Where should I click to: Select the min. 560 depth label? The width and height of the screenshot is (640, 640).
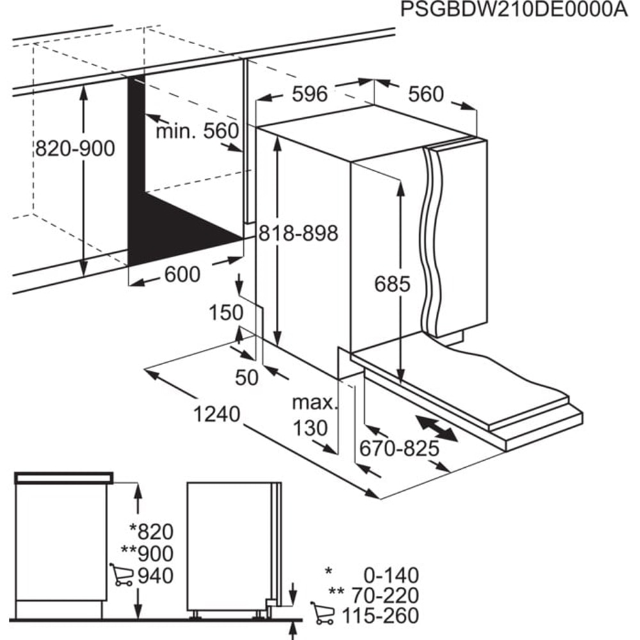pos(197,132)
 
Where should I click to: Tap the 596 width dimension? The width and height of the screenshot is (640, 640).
pos(310,94)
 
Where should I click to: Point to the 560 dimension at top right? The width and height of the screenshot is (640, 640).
pos(426,94)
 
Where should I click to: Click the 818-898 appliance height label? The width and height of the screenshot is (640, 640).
pos(298,234)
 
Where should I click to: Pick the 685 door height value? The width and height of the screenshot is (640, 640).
pos(392,284)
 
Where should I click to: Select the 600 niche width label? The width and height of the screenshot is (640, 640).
pos(182,275)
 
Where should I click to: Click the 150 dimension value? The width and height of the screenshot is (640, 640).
pos(227,313)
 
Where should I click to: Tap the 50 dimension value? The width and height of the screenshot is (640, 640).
pos(246,378)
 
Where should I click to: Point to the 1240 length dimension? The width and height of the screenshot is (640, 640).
pos(218,414)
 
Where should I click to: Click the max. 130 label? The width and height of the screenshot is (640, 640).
pos(314,415)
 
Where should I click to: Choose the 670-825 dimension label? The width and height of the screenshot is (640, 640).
pos(399,449)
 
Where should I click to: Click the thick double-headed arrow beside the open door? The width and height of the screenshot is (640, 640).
pos(436,428)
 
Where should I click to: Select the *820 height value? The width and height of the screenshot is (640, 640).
pos(151,531)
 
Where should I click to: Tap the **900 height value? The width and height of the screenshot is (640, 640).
pos(151,553)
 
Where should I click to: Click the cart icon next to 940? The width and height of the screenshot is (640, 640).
pos(122,575)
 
